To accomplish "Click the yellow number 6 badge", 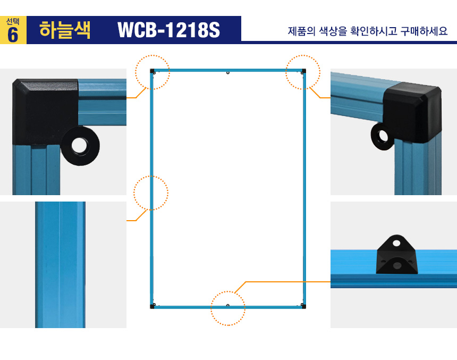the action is coord(13,30).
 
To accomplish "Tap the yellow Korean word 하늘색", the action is coord(65,30).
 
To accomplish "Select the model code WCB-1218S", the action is coord(168,30).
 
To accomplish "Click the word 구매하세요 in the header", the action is coord(424,31).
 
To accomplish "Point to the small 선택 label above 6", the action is coord(13,22).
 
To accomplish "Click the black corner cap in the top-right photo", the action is coord(412,112).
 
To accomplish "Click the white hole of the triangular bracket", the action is coord(396,243).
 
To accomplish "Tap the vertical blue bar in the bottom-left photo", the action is coord(61,265).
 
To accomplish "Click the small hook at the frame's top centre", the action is coord(228,73).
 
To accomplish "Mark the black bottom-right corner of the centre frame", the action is coord(303,306).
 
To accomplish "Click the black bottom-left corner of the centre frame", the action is coord(152,306).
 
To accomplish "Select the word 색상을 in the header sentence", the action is coord(333,31).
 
